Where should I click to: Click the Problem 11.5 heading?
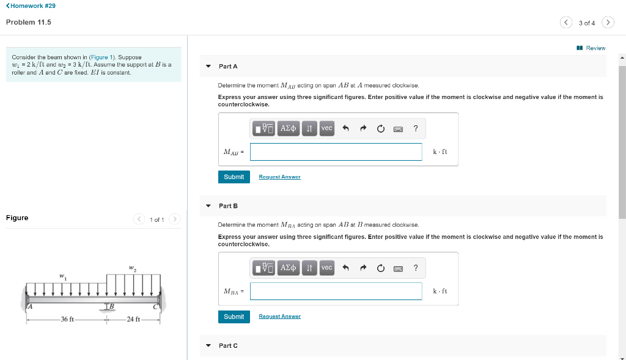click(29, 23)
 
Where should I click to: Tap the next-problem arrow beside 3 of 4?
click(607, 23)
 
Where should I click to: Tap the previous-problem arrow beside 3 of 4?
click(565, 23)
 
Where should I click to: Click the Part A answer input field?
click(336, 152)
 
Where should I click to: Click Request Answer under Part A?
click(279, 177)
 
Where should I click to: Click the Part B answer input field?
click(336, 291)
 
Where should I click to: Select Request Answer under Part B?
click(279, 317)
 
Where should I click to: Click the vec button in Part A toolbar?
click(327, 128)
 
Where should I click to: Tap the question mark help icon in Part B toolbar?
click(416, 268)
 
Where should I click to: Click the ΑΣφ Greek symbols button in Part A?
click(288, 128)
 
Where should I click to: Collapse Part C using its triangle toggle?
click(208, 346)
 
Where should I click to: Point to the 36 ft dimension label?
click(67, 319)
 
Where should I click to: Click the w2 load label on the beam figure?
click(132, 268)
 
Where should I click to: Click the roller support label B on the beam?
click(112, 305)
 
